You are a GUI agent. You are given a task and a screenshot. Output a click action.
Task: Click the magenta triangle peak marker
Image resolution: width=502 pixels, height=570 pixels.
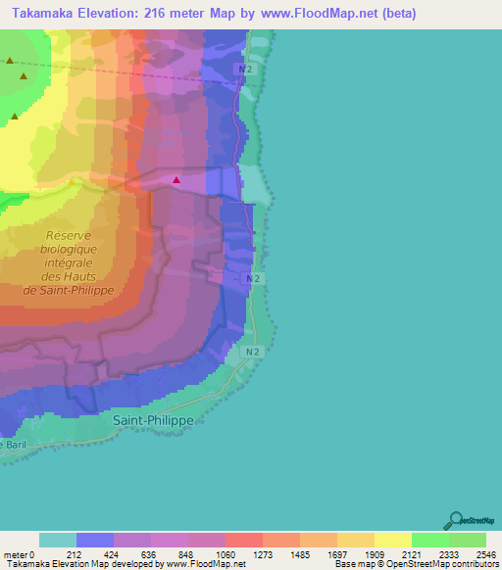coord(176,179)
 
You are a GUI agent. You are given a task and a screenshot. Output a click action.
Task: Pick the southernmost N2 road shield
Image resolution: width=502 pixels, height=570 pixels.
coord(252,351)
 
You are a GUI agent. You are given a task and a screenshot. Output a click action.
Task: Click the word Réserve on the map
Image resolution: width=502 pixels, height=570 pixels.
coord(68,236)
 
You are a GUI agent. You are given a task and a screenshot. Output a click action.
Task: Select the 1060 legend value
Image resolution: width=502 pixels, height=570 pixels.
coord(225,554)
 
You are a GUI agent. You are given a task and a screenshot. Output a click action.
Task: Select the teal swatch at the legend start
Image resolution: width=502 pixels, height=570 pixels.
coord(58,540)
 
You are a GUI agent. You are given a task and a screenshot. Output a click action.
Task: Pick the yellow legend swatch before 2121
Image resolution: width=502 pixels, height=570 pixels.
coord(392,540)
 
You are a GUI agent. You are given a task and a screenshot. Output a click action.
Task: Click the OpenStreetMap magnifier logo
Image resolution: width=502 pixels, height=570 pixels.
coord(455,521)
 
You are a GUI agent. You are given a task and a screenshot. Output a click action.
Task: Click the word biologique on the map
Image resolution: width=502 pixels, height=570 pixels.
coord(69,250)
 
